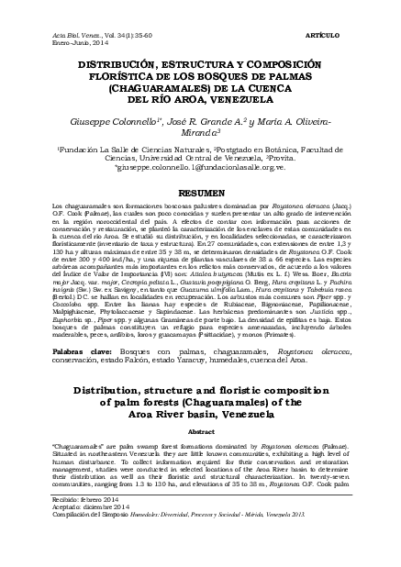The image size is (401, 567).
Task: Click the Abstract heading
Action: pos(201,457)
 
